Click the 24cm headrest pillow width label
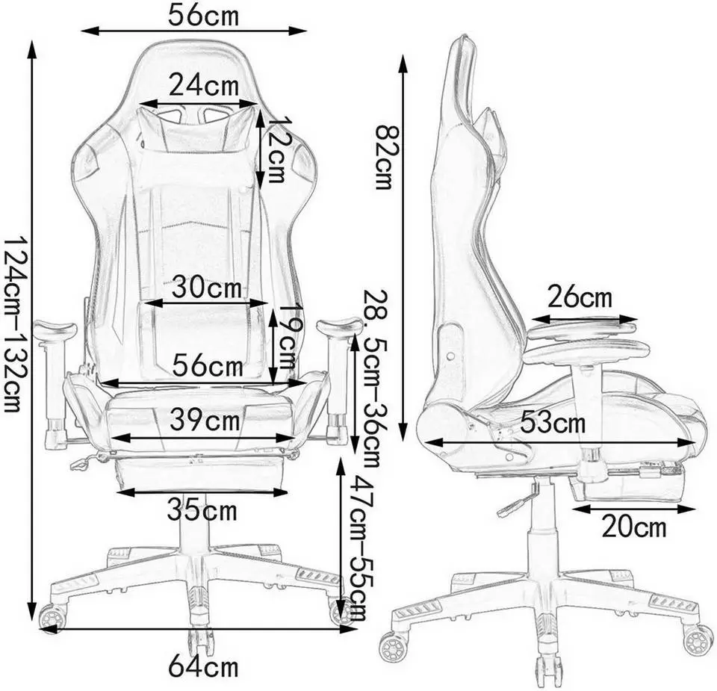click(x=203, y=85)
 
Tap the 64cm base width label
click(x=202, y=666)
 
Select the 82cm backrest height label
click(x=383, y=156)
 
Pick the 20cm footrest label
click(x=633, y=527)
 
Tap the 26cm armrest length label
click(x=580, y=298)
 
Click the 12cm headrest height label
click(x=277, y=149)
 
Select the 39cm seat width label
click(x=205, y=421)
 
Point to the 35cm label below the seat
click(x=202, y=512)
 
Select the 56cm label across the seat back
click(x=208, y=367)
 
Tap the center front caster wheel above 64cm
click(x=201, y=640)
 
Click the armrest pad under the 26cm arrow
click(x=583, y=326)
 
